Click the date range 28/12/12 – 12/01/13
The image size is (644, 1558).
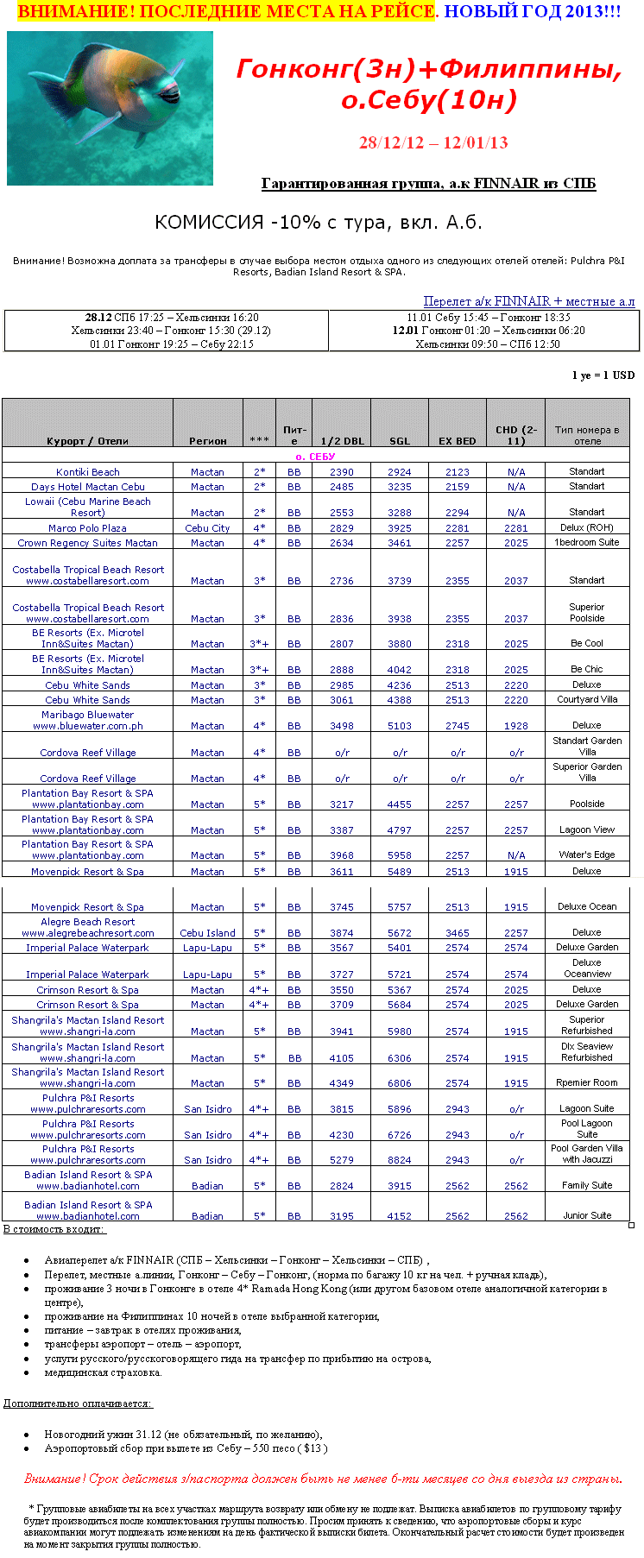point(433,142)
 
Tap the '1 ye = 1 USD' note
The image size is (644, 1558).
point(603,375)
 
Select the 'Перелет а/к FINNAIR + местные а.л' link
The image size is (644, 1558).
point(528,301)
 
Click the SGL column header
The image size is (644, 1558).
point(400,441)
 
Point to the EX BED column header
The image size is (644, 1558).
point(458,441)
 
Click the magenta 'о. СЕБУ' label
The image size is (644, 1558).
point(315,457)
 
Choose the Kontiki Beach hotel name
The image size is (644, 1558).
point(88,472)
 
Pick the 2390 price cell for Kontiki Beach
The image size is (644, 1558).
point(342,472)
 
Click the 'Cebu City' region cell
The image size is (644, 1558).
point(207,528)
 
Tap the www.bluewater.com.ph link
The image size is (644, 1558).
point(88,726)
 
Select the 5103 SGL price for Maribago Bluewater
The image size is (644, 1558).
point(400,726)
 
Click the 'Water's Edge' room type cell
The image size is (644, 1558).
point(587,855)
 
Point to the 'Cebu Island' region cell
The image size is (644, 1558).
point(207,933)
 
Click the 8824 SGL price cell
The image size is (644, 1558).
point(400,1160)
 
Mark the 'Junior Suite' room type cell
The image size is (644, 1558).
point(587,1215)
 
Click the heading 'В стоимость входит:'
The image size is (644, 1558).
point(54,1228)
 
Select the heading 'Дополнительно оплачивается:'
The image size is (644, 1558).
point(78,1403)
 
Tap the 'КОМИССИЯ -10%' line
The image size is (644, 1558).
point(318,222)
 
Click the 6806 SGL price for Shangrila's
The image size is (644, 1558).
point(400,1083)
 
